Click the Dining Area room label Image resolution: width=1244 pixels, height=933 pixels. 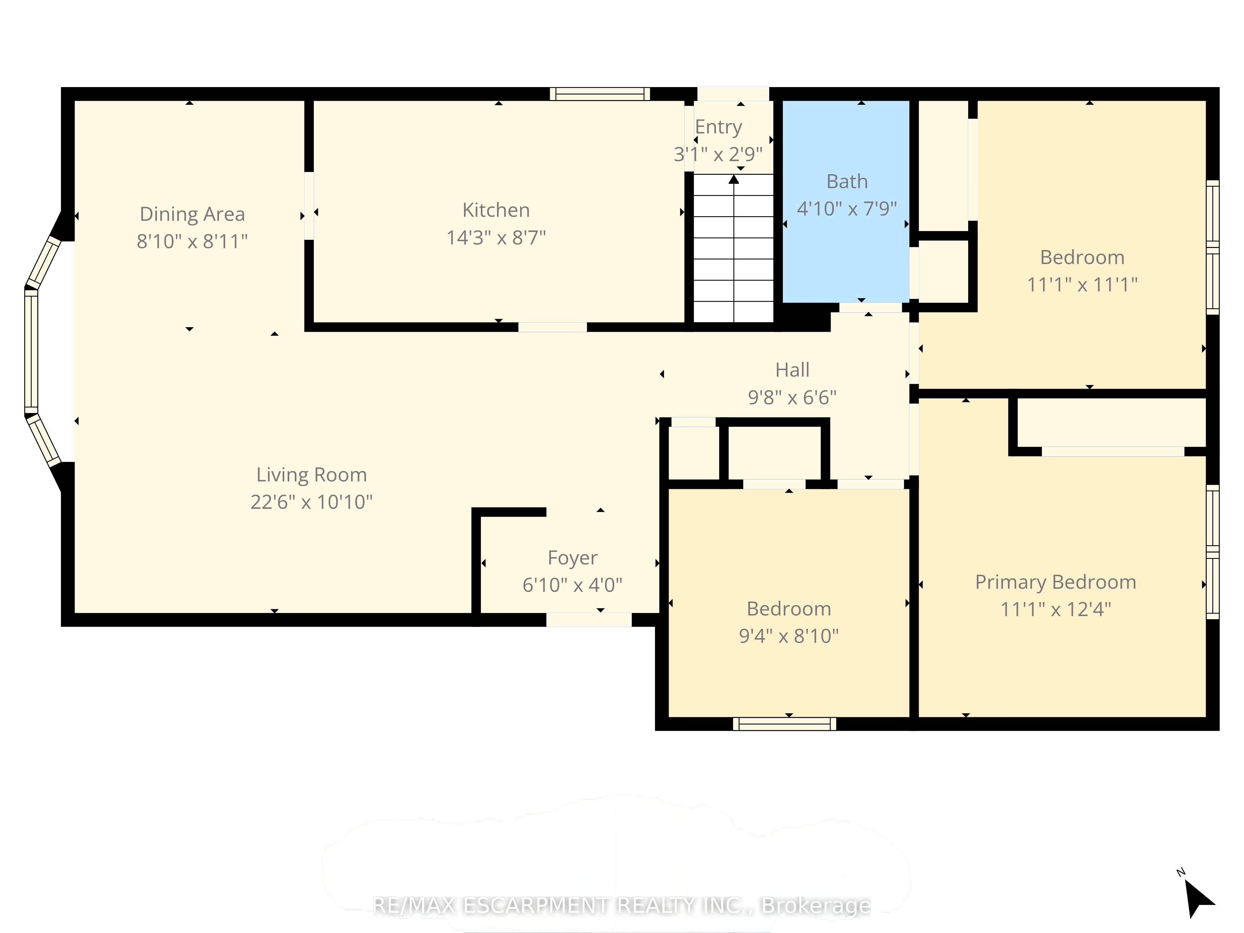click(192, 214)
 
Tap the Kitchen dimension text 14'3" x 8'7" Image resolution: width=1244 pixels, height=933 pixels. click(496, 238)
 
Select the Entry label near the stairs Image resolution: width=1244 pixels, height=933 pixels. click(719, 128)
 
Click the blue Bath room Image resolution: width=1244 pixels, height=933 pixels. click(846, 201)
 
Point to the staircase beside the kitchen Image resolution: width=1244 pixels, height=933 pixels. click(733, 248)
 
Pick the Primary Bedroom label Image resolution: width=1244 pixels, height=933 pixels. click(1056, 582)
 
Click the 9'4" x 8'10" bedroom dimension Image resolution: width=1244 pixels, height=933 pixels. click(788, 636)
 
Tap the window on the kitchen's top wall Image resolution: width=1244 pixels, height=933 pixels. click(600, 94)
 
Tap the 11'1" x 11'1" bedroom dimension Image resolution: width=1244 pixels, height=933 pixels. click(1082, 285)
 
